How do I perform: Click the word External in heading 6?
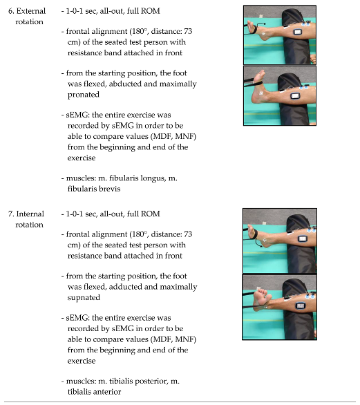31,11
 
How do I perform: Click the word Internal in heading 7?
30,214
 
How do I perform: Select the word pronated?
84,95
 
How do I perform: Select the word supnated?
84,298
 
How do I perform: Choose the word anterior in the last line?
107,392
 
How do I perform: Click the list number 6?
11,11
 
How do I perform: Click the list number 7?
10,214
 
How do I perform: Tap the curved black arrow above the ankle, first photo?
260,24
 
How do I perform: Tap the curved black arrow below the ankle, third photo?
258,243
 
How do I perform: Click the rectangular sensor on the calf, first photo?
298,32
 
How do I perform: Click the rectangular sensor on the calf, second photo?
295,96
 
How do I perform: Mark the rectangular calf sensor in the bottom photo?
301,305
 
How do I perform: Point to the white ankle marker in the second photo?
260,93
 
